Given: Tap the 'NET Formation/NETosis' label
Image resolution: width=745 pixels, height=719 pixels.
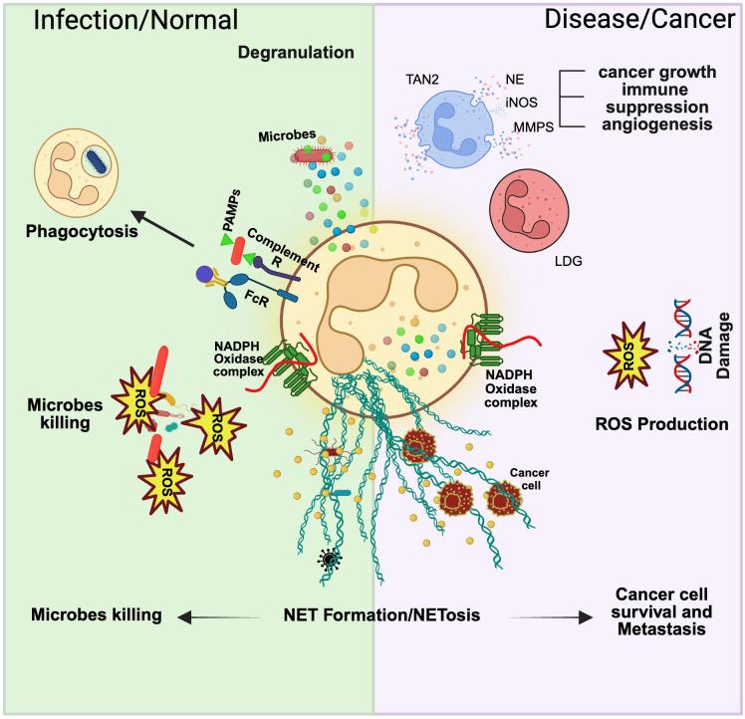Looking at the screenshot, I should point(372,615).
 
